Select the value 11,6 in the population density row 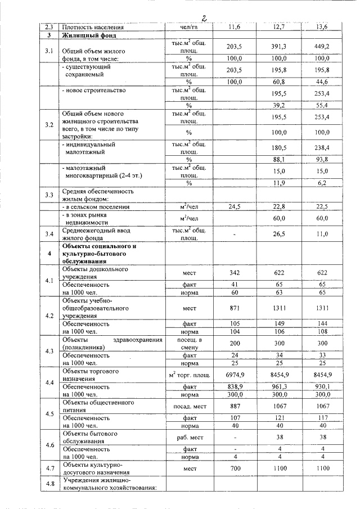(234, 27)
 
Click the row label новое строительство (93, 90)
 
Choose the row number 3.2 (49, 124)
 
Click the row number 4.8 (49, 484)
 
